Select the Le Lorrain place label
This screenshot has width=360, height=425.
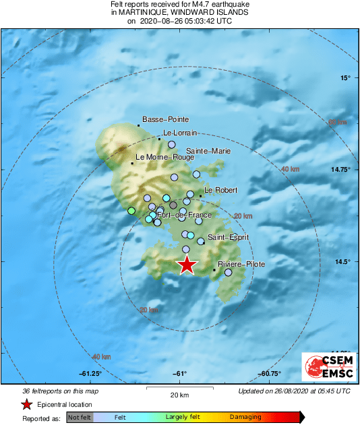179,133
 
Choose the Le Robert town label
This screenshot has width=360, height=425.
222,191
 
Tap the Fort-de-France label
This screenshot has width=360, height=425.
184,215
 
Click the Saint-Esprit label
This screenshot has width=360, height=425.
228,237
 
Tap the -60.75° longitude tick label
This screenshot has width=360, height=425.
270,374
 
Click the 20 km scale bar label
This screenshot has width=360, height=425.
179,395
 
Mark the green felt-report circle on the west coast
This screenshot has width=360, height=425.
131,211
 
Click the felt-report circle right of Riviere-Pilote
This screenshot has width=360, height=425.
228,273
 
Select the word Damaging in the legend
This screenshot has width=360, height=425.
245,418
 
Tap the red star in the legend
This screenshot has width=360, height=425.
26,405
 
